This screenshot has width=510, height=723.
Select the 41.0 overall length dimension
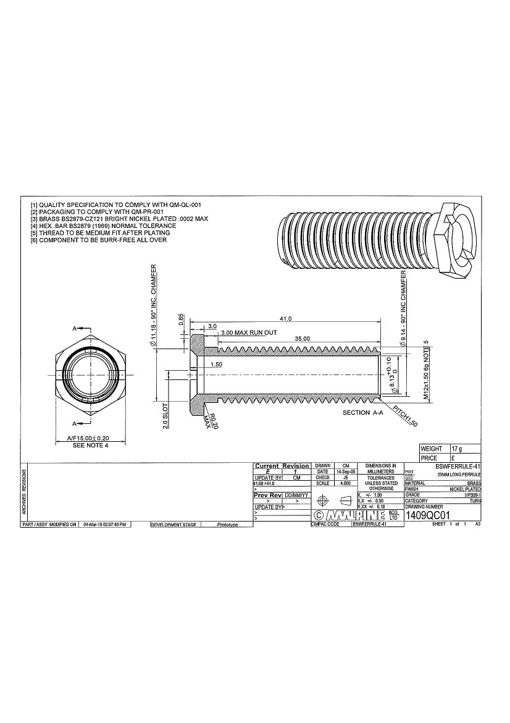tap(285, 318)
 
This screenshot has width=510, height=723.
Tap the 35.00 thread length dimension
tap(302, 339)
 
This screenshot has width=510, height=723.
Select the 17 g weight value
tap(458, 448)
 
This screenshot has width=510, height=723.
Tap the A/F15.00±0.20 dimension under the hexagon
tap(91, 438)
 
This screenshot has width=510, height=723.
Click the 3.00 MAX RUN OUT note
tap(249, 332)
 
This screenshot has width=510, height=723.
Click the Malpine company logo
tap(351, 515)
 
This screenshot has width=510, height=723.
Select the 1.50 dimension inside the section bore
tap(216, 365)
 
